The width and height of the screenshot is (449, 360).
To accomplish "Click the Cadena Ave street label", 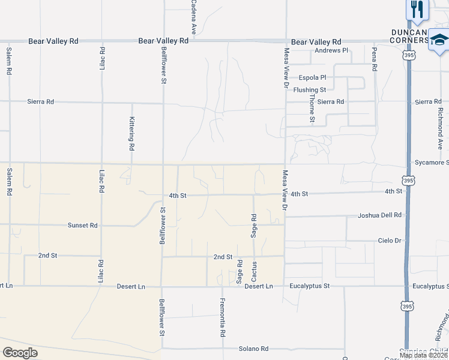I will pyautogui.click(x=194, y=16).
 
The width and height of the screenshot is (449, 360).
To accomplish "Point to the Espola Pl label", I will pyautogui.click(x=313, y=77).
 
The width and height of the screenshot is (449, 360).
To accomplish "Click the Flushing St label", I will pyautogui.click(x=310, y=89).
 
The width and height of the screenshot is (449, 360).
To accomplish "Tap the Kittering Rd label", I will pyautogui.click(x=131, y=133).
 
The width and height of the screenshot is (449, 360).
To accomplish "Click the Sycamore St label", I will pyautogui.click(x=432, y=163).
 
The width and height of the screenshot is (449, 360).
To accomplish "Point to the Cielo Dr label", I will pyautogui.click(x=389, y=240).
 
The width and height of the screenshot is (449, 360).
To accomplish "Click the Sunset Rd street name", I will pyautogui.click(x=83, y=226).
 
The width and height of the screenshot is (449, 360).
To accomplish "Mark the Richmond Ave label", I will pyautogui.click(x=440, y=129).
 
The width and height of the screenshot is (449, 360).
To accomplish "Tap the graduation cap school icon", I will pyautogui.click(x=439, y=41).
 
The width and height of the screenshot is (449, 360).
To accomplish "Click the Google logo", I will pyautogui.click(x=20, y=353).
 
